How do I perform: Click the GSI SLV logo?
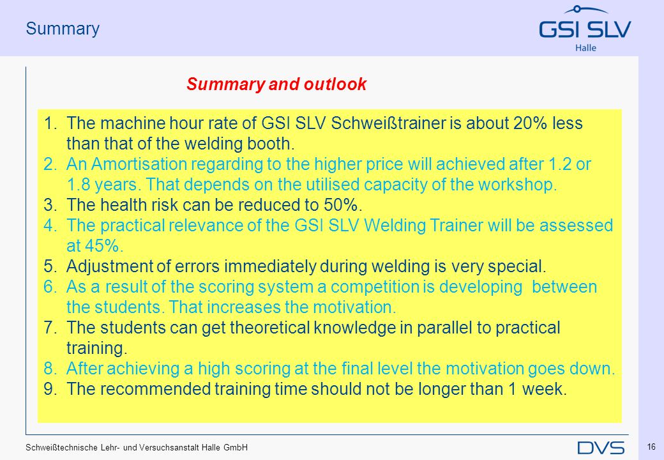coord(585,28)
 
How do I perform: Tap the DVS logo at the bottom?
coord(601,448)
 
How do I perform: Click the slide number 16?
coord(651,447)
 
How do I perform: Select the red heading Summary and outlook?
coord(276,84)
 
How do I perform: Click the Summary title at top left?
coord(63,29)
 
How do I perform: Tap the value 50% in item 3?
coord(340,205)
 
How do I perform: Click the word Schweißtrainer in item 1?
coord(388,123)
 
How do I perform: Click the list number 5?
coord(50,266)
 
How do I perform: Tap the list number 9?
coord(50,389)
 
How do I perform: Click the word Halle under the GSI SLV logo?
coord(585,48)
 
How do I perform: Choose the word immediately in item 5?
coord(270,266)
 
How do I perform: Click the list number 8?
coord(50,369)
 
